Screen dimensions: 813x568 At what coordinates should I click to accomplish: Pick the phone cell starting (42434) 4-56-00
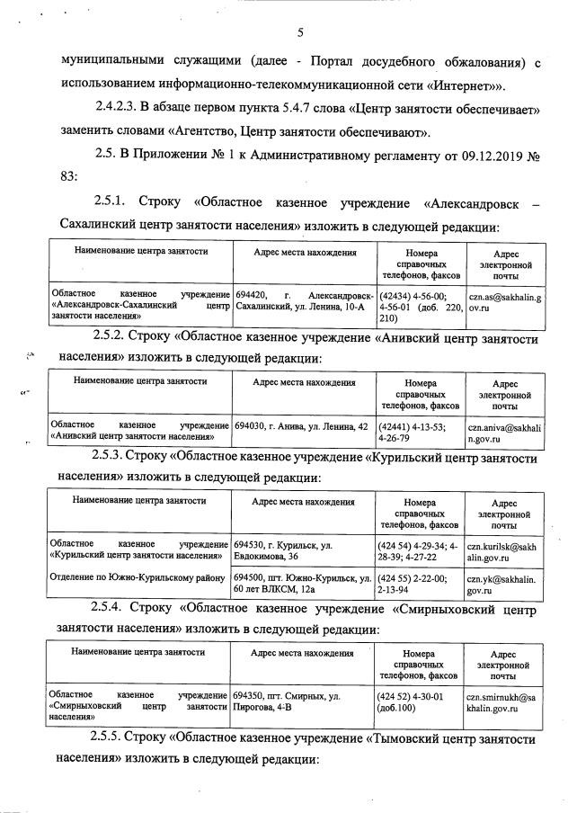tap(419, 306)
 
